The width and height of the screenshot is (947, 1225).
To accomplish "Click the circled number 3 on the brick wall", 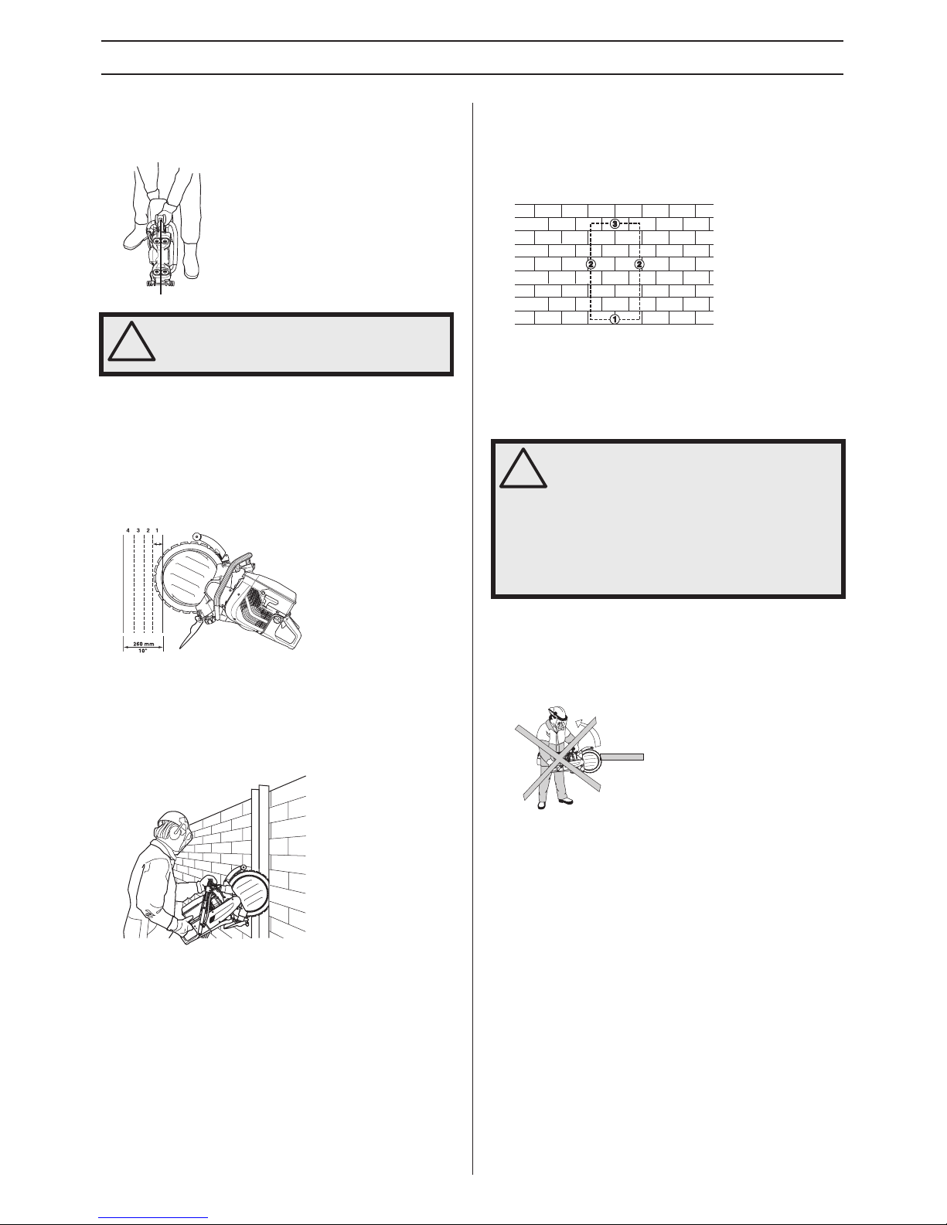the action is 615,224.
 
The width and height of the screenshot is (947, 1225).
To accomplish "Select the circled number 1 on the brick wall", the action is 615,319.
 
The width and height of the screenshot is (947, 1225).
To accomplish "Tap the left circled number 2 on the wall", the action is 591,264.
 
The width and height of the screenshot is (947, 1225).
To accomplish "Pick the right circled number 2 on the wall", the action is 639,264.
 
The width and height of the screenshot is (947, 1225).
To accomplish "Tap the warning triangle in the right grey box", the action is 523,468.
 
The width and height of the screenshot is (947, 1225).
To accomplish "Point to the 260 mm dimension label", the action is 143,644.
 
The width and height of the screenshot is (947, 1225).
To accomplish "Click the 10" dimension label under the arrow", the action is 142,651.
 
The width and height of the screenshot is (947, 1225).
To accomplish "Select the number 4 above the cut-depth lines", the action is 128,530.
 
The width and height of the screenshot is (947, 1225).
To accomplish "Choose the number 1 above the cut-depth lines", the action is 157,530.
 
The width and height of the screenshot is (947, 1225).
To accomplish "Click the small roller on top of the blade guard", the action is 197,536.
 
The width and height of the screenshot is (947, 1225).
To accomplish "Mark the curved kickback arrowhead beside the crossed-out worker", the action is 577,723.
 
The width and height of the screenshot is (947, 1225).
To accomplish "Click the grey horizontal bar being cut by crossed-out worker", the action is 622,757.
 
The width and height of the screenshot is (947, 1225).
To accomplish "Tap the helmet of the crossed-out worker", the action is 555,711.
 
